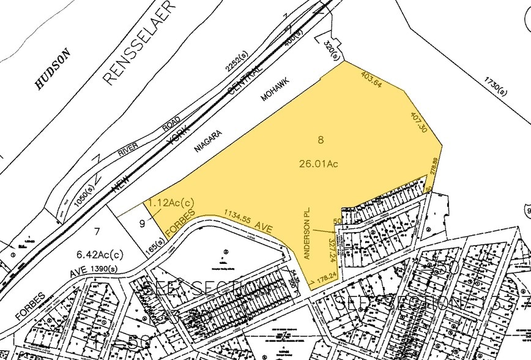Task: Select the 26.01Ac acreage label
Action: (x=319, y=163)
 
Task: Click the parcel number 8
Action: (x=320, y=140)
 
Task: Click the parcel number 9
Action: (x=142, y=224)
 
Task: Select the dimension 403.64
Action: (x=372, y=81)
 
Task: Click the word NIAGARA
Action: (x=207, y=140)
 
